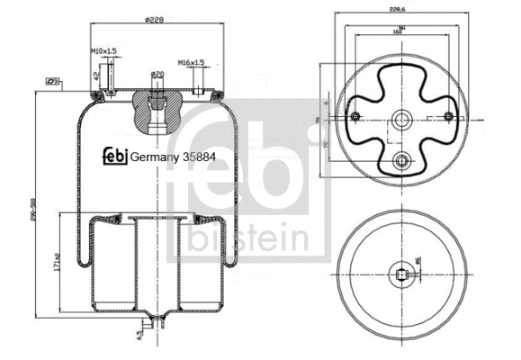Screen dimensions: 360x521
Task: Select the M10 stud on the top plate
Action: tap(109, 84)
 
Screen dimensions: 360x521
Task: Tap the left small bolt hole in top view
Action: tap(355, 115)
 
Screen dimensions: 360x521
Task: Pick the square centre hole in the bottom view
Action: tap(400, 272)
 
